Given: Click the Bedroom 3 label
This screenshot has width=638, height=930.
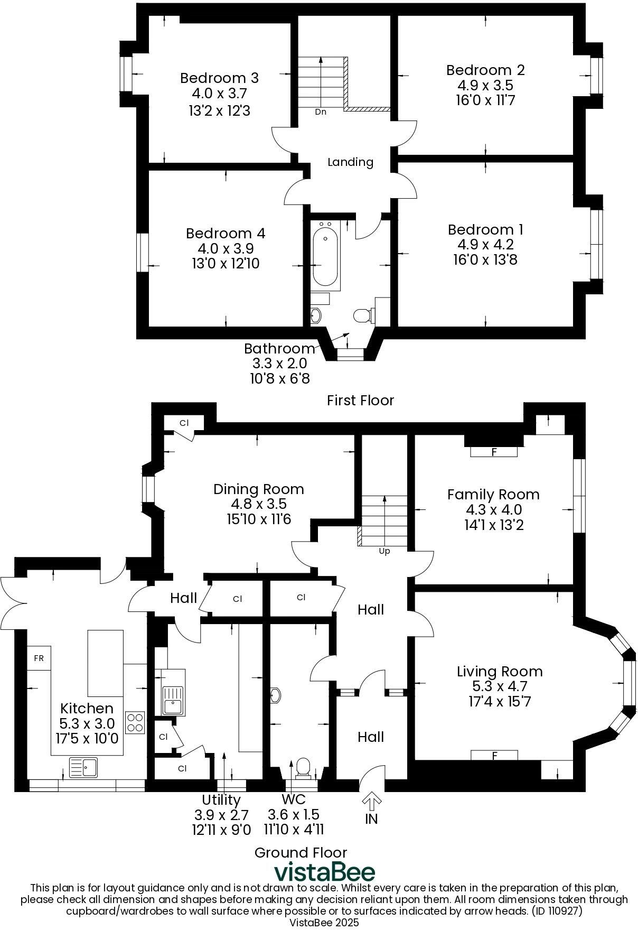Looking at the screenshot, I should tap(219, 78).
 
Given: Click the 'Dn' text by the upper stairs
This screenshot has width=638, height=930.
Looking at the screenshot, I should tap(321, 112).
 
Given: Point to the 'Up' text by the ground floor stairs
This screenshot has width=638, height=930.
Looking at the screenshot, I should tap(384, 551).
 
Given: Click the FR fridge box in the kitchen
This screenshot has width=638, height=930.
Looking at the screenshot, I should tap(39, 658).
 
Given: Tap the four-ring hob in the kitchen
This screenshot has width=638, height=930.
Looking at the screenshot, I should tap(135, 722).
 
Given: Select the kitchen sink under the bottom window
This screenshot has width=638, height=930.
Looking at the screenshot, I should tap(83, 767).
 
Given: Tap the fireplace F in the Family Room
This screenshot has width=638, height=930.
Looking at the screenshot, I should tap(494, 452).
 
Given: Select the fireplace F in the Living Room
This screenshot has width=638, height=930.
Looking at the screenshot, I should tap(494, 756).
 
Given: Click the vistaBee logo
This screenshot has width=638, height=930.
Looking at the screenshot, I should tap(324, 872).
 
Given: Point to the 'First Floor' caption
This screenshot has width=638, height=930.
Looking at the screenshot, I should tap(360, 400).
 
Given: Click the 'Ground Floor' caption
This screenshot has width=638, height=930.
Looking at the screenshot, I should tap(301, 852).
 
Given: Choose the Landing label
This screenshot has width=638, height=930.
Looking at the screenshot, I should tap(350, 162).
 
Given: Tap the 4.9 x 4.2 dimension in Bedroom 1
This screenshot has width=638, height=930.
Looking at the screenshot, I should tap(485, 245).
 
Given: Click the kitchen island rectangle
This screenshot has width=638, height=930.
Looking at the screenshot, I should tap(105, 663).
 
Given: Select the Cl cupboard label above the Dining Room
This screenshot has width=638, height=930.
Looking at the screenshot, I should tap(184, 423).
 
